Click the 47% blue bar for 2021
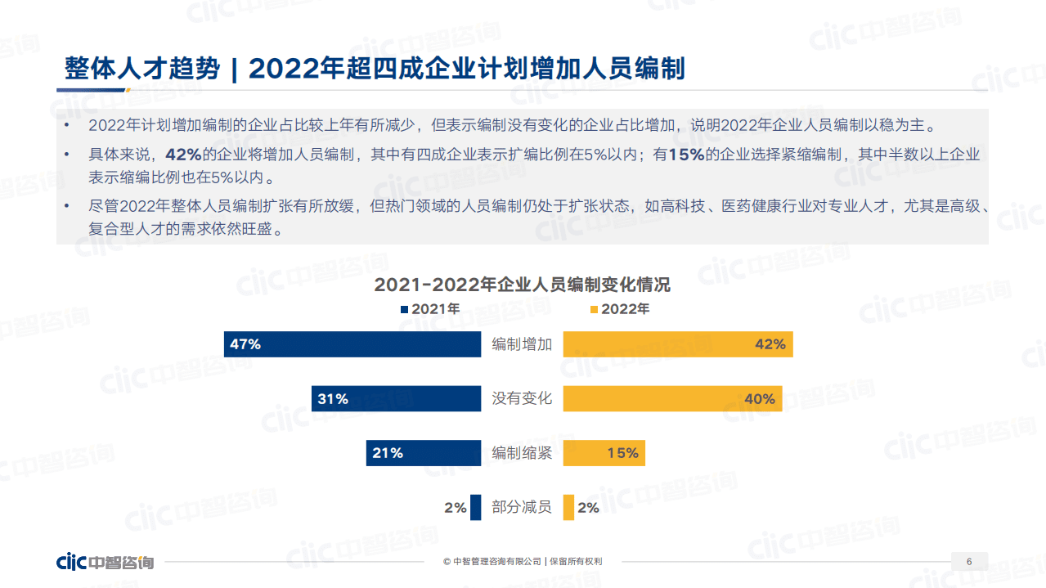pos(352,344)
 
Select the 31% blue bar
pos(396,398)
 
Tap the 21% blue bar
pos(424,453)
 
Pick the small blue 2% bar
pos(476,508)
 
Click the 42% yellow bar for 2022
pos(678,344)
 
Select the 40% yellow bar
pos(672,398)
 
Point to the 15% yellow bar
pos(604,453)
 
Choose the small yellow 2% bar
pos(568,508)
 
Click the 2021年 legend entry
pos(430,309)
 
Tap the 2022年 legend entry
pos(619,309)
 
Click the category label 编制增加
pos(522,344)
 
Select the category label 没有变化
pos(522,398)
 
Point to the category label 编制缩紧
pos(522,453)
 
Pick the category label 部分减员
pos(522,508)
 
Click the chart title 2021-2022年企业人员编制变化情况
pos(522,285)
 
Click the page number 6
pos(969,562)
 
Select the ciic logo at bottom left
pos(105,563)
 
